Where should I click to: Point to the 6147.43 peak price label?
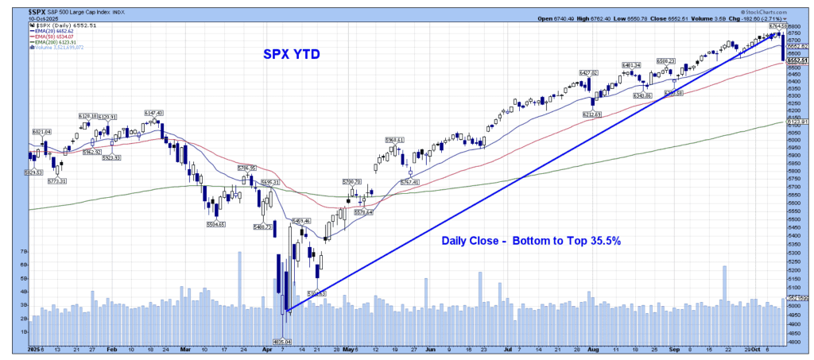(153, 113)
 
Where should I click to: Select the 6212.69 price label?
(592, 114)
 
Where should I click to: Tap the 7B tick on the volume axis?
(24, 250)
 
